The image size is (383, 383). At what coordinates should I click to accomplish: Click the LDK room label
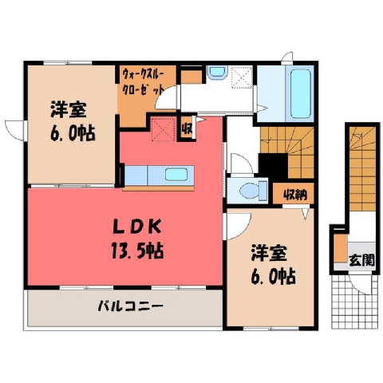[x=137, y=227]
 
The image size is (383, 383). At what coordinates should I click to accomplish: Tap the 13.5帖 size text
[x=137, y=251]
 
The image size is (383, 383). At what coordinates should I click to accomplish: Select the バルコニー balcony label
[x=130, y=306]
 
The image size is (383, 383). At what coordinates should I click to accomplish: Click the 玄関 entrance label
[x=361, y=260]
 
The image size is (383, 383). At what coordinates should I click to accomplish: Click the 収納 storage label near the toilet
[x=295, y=195]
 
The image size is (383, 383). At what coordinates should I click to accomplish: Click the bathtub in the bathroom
[x=301, y=94]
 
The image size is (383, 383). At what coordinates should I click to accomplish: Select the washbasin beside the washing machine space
[x=217, y=73]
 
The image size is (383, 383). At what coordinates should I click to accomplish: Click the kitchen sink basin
[x=176, y=175]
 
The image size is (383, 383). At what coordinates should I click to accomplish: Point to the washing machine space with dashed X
[x=242, y=77]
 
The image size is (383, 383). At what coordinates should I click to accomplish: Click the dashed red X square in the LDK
[x=163, y=130]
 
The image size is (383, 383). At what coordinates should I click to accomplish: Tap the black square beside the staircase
[x=274, y=166]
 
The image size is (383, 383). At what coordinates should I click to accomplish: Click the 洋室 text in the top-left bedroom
[x=69, y=109]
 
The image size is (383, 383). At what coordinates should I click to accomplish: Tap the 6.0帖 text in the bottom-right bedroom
[x=273, y=277]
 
